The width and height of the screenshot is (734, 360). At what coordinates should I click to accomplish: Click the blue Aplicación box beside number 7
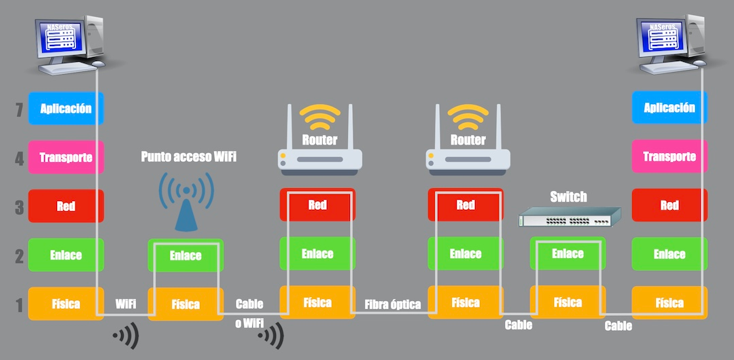[66, 109]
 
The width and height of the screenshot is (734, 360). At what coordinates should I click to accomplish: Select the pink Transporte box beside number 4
[66, 158]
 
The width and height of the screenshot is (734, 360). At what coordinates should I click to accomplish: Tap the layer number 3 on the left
[19, 206]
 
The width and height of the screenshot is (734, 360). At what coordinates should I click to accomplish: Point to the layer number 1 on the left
[19, 304]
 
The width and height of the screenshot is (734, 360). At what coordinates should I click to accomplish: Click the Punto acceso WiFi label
[188, 157]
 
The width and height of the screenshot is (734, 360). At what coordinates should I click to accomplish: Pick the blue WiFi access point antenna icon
[186, 201]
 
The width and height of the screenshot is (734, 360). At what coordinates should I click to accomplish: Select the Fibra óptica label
[393, 304]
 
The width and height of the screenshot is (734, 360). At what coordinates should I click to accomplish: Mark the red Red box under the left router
[317, 205]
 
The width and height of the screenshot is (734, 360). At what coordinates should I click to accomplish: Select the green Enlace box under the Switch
[567, 254]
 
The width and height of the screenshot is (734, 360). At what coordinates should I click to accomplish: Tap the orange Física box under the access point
[186, 304]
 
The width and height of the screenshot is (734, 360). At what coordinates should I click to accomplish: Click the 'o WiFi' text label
[249, 323]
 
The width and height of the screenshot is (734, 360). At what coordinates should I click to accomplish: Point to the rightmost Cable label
[618, 326]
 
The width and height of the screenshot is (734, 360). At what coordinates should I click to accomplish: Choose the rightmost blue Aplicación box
[669, 108]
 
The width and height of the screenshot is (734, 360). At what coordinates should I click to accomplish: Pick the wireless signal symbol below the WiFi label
[126, 335]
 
